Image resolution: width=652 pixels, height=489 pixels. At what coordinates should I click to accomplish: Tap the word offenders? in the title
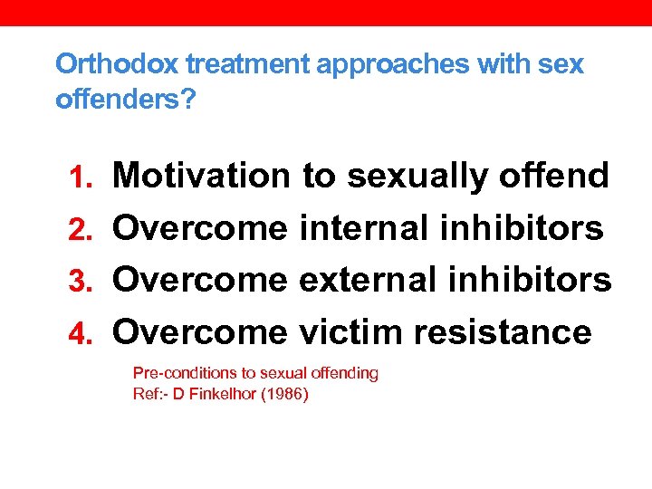pos(125,99)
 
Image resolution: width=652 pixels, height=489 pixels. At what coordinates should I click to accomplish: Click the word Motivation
pos(201,176)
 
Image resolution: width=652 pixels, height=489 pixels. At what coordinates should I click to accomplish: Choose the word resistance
pos(503,332)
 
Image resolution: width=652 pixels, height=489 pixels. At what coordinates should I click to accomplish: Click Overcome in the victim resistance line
pos(199,332)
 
